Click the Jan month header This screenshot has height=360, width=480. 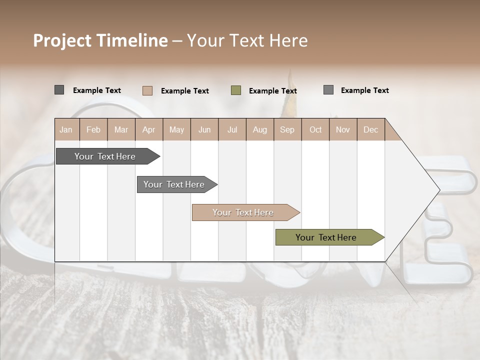tap(66, 129)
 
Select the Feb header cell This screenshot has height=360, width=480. tap(93, 129)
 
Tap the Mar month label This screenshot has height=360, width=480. tap(121, 129)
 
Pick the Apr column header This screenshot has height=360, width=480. tap(149, 129)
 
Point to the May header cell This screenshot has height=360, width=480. tap(176, 129)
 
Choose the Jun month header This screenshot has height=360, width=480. tap(204, 129)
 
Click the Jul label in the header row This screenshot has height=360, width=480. tap(232, 129)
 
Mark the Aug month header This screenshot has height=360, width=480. tap(260, 129)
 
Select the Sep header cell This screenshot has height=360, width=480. tap(287, 129)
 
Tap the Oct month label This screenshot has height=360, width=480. tap(315, 129)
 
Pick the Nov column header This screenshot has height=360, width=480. tap(343, 129)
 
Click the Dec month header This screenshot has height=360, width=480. tap(371, 129)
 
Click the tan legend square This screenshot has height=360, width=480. tap(147, 90)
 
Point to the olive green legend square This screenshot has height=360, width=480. tap(236, 90)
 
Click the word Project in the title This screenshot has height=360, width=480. tap(62, 40)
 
